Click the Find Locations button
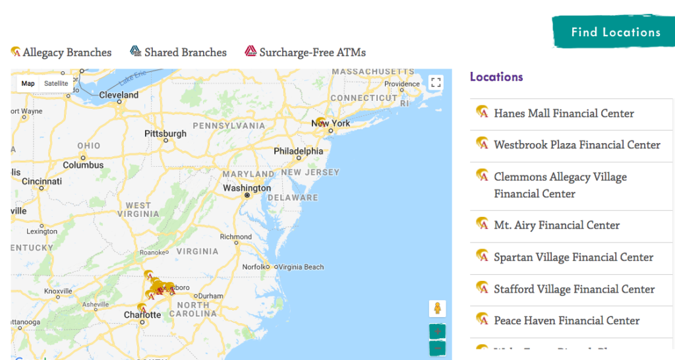[616, 32]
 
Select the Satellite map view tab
[56, 84]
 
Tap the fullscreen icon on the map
[435, 82]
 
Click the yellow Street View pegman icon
[436, 309]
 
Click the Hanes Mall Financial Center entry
[564, 113]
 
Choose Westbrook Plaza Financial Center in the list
[577, 145]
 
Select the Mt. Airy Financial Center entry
[556, 225]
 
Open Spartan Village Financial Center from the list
[573, 257]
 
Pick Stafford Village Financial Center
[574, 289]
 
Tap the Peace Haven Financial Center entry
[566, 320]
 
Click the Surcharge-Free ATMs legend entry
[312, 52]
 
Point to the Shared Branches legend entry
[185, 52]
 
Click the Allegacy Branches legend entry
[67, 52]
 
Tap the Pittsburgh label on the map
[165, 134]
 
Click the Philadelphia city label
[299, 151]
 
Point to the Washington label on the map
[247, 188]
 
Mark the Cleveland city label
[119, 95]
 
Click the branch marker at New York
[320, 122]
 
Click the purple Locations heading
[496, 77]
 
